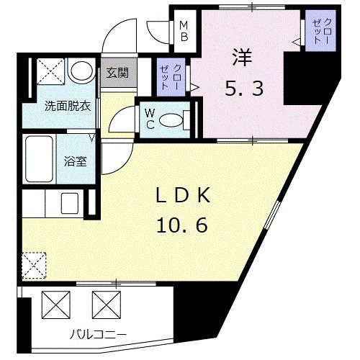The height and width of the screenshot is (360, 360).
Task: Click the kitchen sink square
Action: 69,202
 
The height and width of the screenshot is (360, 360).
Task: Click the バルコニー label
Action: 98,333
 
